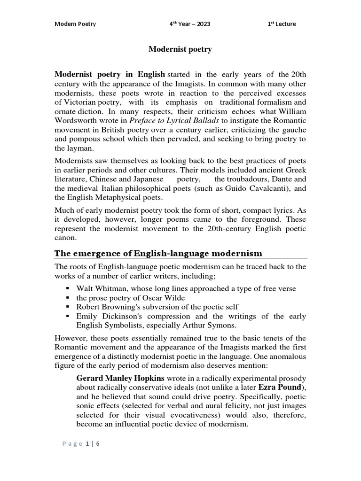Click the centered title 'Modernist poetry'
tap(180, 49)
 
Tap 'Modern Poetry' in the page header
tap(75, 24)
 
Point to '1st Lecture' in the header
tap(282, 24)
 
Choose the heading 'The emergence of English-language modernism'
tap(158, 254)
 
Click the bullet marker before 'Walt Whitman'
tap(68, 288)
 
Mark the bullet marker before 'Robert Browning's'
tap(68, 307)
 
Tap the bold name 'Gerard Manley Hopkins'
tap(120, 378)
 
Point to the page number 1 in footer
tap(86, 443)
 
